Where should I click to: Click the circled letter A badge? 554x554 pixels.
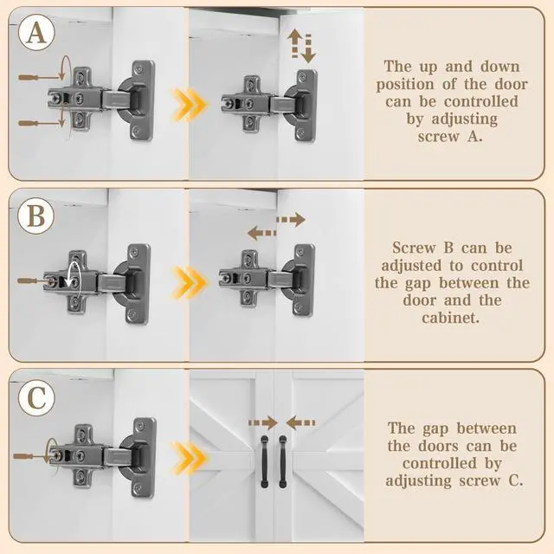(36, 33)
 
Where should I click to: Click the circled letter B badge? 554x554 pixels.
(36, 216)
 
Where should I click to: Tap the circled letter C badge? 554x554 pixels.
(36, 398)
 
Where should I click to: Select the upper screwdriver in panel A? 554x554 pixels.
(40, 77)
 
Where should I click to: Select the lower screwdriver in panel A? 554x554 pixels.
(40, 123)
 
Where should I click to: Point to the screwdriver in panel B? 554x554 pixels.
(35, 280)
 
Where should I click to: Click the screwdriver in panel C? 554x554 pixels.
(31, 456)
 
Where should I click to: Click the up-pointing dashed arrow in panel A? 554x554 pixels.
(295, 44)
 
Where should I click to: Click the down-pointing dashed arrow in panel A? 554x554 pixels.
(308, 48)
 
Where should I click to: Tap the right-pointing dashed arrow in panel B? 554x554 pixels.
(291, 220)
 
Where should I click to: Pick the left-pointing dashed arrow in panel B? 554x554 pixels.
(261, 233)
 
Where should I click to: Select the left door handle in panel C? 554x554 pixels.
(264, 461)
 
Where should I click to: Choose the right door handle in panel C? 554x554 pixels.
(283, 461)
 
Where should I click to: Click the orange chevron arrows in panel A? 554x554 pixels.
(190, 105)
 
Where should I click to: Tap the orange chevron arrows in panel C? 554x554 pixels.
(190, 458)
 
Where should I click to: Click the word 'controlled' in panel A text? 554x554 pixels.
(481, 102)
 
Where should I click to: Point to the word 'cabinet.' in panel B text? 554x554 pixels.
(450, 318)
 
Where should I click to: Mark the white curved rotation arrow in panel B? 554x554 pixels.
(74, 280)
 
